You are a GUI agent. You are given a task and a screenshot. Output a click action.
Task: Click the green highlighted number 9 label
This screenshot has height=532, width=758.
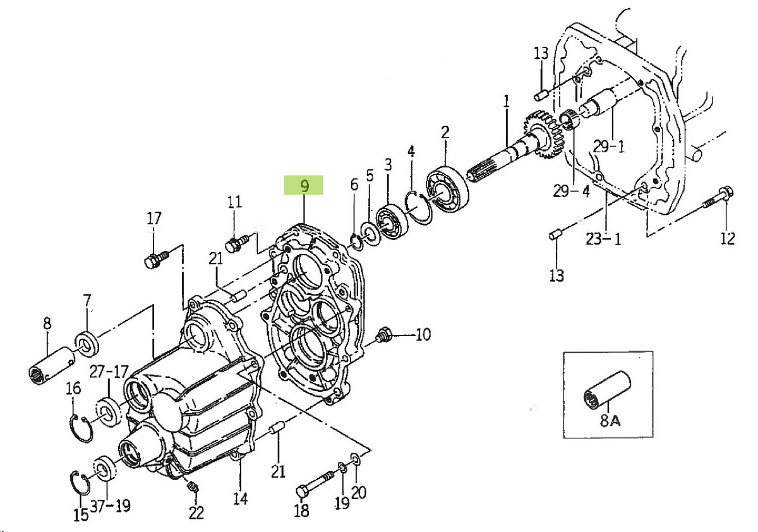[304, 186]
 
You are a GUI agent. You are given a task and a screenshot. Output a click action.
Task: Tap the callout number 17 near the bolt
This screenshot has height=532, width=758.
[154, 219]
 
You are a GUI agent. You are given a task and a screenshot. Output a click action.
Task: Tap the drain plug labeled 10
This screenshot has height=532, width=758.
[383, 335]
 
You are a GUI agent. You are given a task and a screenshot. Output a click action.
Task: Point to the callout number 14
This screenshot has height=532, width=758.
[240, 499]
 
